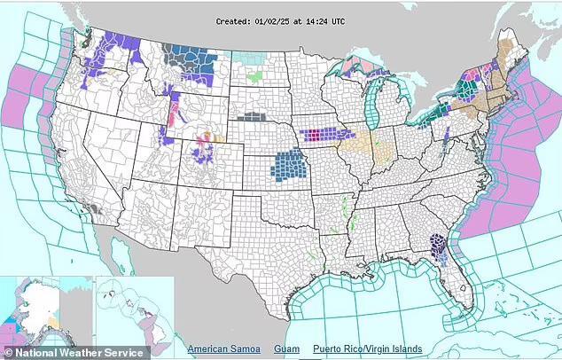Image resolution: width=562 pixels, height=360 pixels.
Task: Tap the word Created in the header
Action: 234,19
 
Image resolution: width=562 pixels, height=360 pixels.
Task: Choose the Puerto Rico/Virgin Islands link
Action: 367,349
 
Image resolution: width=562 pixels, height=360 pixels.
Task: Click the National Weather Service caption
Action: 73,352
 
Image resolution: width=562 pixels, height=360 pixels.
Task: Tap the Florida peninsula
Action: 451,279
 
